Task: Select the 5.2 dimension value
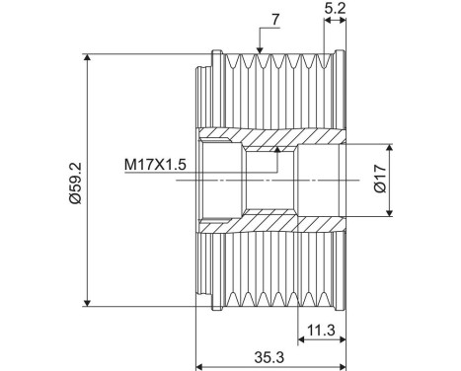point(335,11)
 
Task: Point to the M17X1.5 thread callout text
point(155,165)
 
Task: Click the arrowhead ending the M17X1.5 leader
point(278,150)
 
